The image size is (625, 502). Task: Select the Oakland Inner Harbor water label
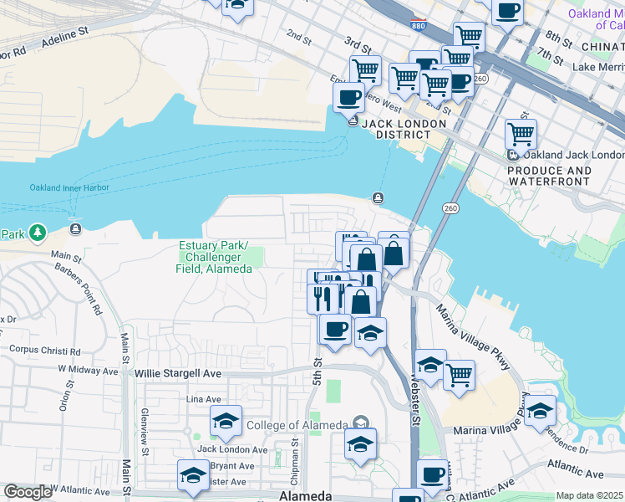(x=69, y=187)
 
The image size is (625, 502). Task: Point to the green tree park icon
(x=37, y=232)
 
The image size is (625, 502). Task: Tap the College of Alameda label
(x=297, y=425)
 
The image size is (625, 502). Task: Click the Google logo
(x=28, y=492)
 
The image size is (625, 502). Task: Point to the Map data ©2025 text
(x=589, y=495)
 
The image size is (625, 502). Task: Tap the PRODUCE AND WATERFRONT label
(x=549, y=176)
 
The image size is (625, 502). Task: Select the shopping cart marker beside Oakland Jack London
(x=521, y=133)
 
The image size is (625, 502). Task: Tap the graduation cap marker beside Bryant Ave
(x=193, y=475)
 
